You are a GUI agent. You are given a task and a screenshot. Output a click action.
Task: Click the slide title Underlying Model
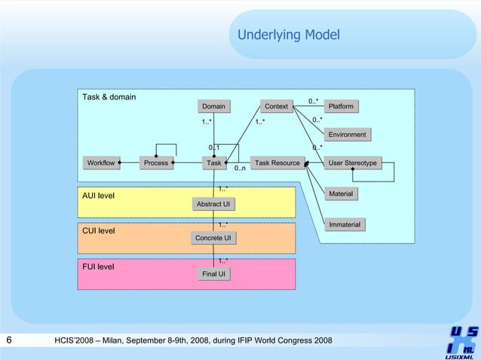click(x=289, y=35)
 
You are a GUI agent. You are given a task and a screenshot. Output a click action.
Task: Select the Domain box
click(x=213, y=106)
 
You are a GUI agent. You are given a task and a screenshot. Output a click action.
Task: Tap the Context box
click(x=276, y=106)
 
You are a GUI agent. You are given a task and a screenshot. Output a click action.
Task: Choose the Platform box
click(x=341, y=106)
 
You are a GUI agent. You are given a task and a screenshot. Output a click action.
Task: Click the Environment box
click(x=347, y=135)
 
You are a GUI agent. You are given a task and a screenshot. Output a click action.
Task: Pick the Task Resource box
click(x=277, y=163)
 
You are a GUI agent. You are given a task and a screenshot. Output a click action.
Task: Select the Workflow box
click(x=101, y=163)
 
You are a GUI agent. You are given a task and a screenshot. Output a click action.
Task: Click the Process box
click(x=156, y=163)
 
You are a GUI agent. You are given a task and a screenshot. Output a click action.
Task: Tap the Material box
click(x=341, y=194)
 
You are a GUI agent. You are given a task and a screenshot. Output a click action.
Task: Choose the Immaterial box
click(x=345, y=224)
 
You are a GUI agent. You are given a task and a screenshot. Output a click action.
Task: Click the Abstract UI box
click(x=213, y=204)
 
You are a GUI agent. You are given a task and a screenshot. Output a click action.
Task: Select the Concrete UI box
click(x=213, y=238)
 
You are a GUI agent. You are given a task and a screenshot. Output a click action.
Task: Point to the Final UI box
click(x=213, y=274)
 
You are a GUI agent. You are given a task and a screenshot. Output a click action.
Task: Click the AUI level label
click(x=98, y=196)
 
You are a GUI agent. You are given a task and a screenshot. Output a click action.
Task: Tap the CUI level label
click(x=98, y=230)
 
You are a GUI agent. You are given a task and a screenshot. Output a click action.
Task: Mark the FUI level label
click(x=98, y=266)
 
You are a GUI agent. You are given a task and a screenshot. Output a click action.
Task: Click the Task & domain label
click(x=109, y=97)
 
